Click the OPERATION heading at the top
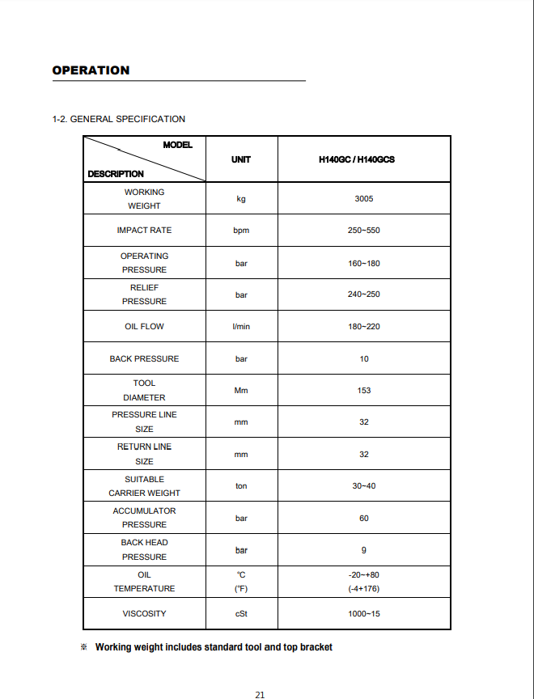coord(91,70)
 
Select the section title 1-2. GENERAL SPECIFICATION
coord(119,119)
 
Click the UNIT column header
coord(241,159)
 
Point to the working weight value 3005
coord(364,198)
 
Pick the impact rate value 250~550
coord(364,231)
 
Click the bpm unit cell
coord(241,231)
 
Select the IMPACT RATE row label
coord(144,231)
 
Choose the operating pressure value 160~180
coord(364,263)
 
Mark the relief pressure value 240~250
coord(364,294)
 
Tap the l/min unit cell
coord(241,327)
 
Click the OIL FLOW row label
coord(144,327)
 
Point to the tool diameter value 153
coord(364,390)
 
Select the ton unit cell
coord(241,486)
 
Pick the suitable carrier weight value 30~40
coord(364,486)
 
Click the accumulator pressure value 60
coord(364,518)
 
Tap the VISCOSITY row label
coord(144,614)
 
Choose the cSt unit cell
coord(241,614)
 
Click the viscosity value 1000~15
coord(364,614)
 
